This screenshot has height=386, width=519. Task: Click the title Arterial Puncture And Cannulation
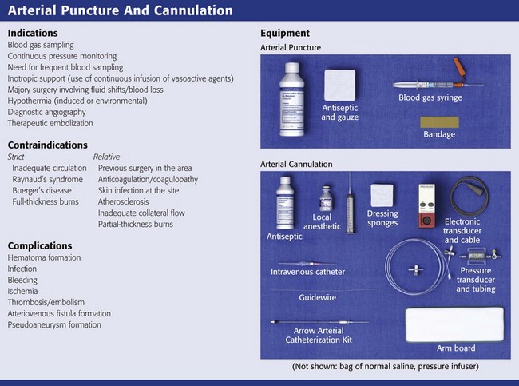pyautogui.click(x=120, y=11)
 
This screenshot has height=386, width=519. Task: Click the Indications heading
pyautogui.click(x=33, y=34)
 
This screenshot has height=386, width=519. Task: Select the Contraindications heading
pyautogui.click(x=48, y=145)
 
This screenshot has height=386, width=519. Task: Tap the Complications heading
pyautogui.click(x=40, y=245)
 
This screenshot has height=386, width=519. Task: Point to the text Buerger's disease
pyautogui.click(x=46, y=191)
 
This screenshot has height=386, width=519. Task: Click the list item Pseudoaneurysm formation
pyautogui.click(x=54, y=325)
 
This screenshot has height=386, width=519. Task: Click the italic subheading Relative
pyautogui.click(x=108, y=157)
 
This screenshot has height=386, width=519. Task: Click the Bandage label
pyautogui.click(x=438, y=135)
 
